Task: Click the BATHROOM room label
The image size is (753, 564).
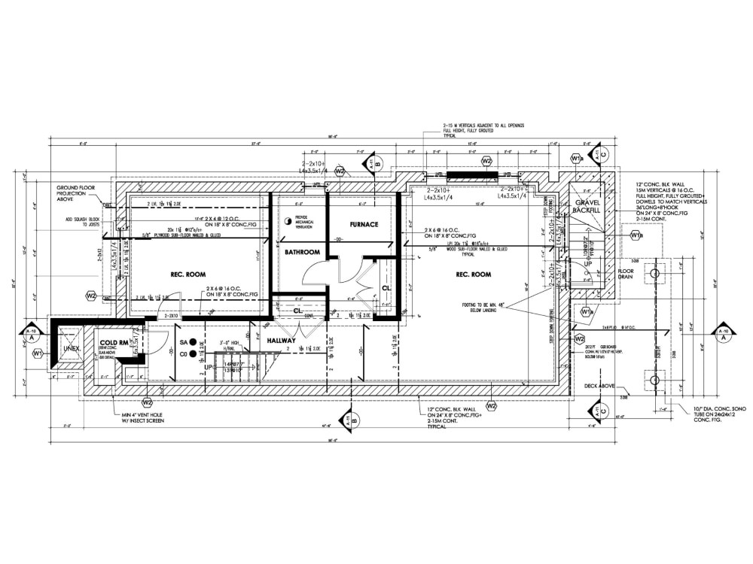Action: tap(302, 252)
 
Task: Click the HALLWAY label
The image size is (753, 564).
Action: tap(285, 341)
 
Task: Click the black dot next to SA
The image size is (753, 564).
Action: tap(194, 342)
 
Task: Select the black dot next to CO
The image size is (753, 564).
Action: tap(194, 353)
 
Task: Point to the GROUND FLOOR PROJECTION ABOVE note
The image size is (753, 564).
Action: tap(78, 193)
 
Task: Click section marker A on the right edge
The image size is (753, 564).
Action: tap(723, 333)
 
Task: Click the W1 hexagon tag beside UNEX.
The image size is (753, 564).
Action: tap(37, 353)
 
